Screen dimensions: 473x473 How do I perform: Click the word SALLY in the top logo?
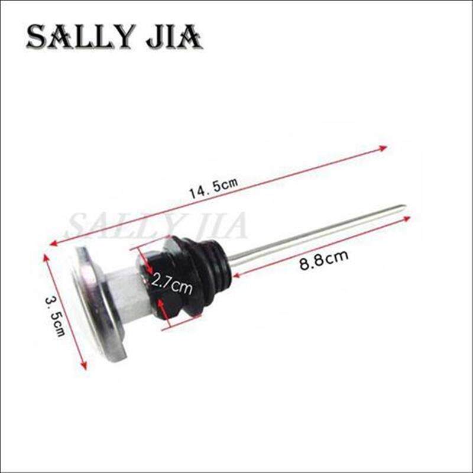point(80,37)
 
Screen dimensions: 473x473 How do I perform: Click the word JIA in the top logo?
point(174,37)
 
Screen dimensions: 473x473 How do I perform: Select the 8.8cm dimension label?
point(323,260)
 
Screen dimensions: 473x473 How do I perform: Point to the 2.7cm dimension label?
point(171,284)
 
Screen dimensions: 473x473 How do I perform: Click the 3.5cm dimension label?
point(56,316)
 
